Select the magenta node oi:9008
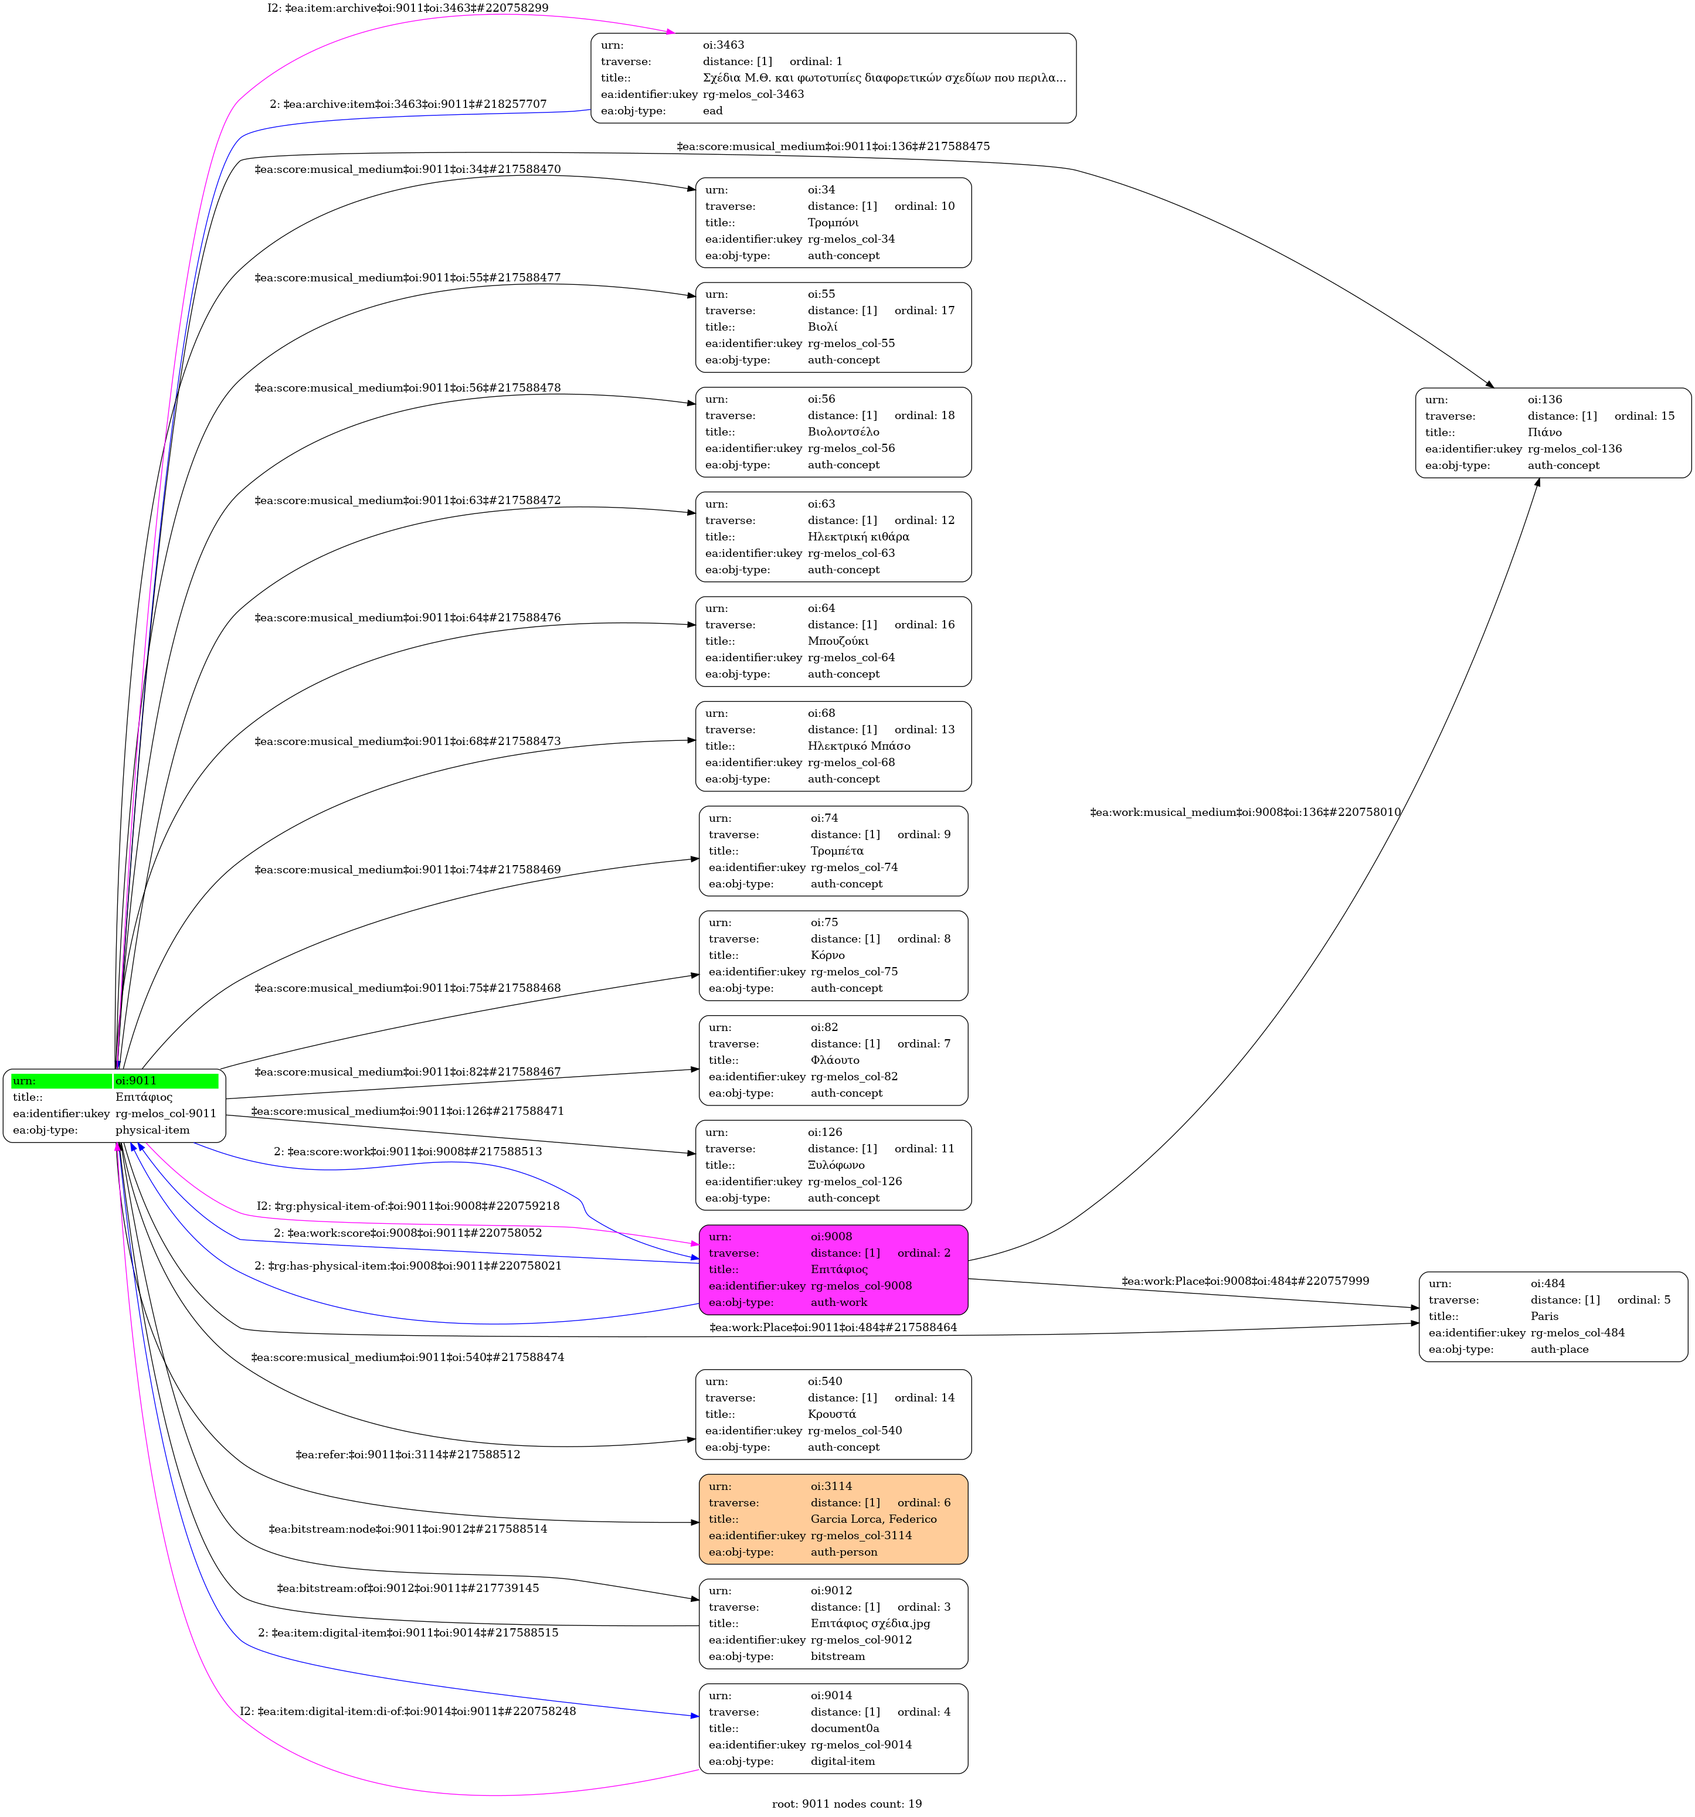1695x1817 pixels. point(833,1270)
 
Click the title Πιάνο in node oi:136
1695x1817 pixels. point(1544,433)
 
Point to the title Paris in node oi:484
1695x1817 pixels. point(1544,1316)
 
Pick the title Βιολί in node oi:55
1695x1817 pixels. point(822,327)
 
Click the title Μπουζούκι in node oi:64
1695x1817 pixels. point(837,641)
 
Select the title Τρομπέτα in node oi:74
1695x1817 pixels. point(837,851)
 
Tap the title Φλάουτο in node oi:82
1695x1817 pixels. point(835,1060)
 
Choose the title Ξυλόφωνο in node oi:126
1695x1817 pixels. point(835,1165)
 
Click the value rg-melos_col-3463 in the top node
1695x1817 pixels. point(753,94)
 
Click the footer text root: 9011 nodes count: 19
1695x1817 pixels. point(847,1804)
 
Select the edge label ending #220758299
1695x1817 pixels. point(407,8)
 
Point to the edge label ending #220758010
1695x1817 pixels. point(1245,812)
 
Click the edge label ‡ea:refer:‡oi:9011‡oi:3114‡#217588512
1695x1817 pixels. point(407,1454)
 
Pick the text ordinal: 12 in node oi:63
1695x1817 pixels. point(924,520)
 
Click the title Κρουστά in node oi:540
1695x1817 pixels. point(832,1414)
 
